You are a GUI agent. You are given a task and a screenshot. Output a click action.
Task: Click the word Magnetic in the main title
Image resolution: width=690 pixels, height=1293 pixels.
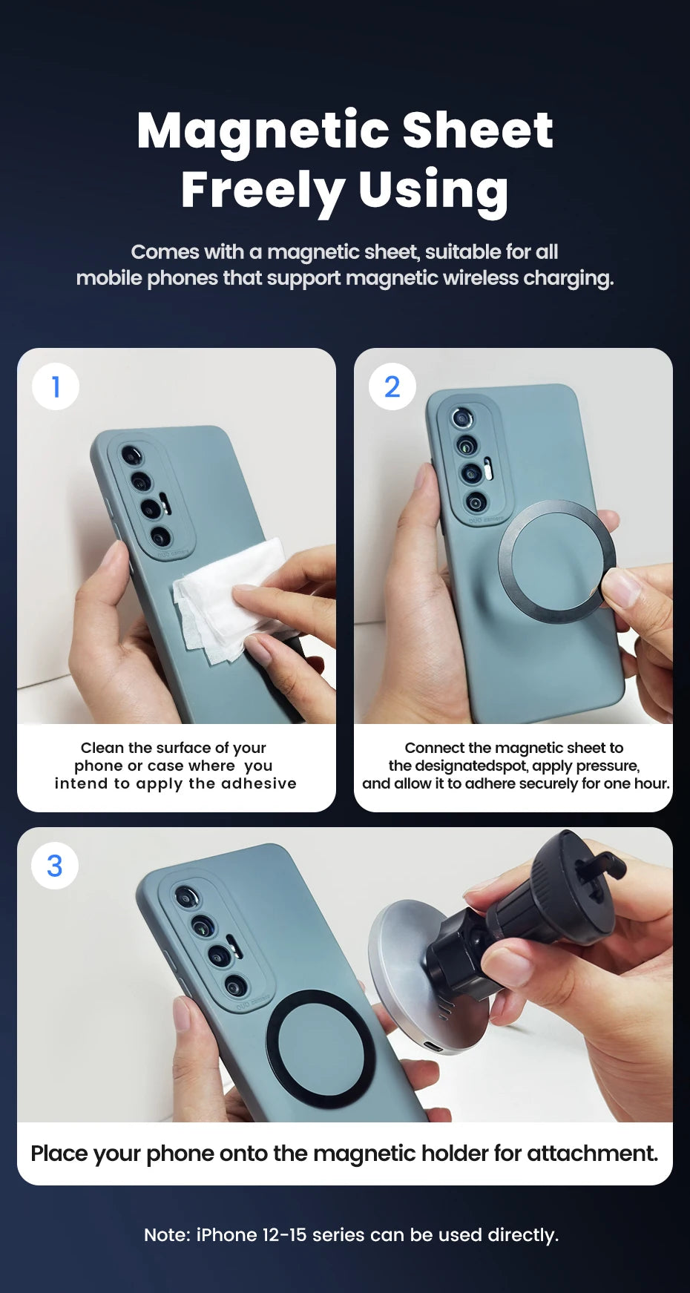[263, 131]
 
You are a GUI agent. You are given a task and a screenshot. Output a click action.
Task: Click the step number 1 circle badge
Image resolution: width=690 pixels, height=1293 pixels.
[56, 386]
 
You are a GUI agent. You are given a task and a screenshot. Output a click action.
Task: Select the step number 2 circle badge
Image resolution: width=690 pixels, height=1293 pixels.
[392, 386]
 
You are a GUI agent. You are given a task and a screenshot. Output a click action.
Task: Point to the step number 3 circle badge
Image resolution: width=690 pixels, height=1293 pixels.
[55, 866]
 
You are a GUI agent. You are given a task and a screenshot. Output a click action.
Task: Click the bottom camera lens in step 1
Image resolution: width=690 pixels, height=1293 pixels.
[160, 536]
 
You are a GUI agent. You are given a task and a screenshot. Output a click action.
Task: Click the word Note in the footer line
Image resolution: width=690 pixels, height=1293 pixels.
[167, 1234]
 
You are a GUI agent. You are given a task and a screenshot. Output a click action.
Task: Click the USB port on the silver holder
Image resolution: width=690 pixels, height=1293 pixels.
[433, 1047]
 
